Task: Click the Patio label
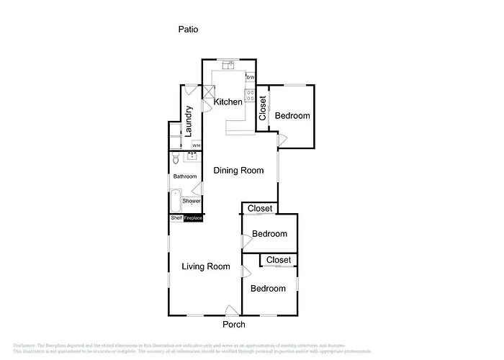click(x=188, y=30)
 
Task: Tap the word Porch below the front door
click(x=233, y=325)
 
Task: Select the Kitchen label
click(x=228, y=102)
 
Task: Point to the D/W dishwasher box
click(x=250, y=78)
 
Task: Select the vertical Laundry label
click(x=189, y=121)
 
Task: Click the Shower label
click(x=192, y=201)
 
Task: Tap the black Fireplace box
click(x=193, y=218)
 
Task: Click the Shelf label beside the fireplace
click(x=176, y=218)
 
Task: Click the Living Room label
click(x=206, y=266)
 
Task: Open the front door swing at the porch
click(x=231, y=310)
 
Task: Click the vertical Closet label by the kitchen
click(x=263, y=108)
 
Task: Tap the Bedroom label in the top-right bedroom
click(x=292, y=116)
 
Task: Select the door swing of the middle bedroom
click(x=246, y=242)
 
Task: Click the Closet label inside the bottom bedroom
click(x=279, y=260)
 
